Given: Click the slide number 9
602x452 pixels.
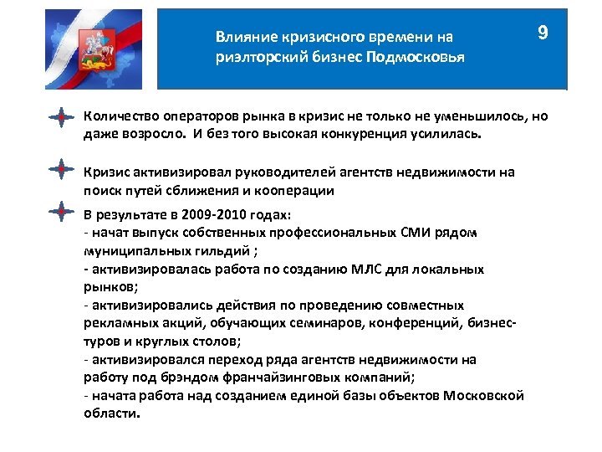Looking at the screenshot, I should pyautogui.click(x=543, y=33).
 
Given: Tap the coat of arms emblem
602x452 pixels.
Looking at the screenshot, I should pyautogui.click(x=87, y=49).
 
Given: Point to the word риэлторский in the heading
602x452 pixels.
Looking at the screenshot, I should pyautogui.click(x=252, y=58).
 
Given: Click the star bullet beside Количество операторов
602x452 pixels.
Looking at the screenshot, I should pyautogui.click(x=59, y=117).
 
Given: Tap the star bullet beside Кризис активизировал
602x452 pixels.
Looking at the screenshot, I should pyautogui.click(x=59, y=168).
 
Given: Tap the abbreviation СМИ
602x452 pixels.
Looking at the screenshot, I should pyautogui.click(x=411, y=232).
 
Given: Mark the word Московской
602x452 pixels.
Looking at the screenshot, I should pyautogui.click(x=484, y=396).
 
